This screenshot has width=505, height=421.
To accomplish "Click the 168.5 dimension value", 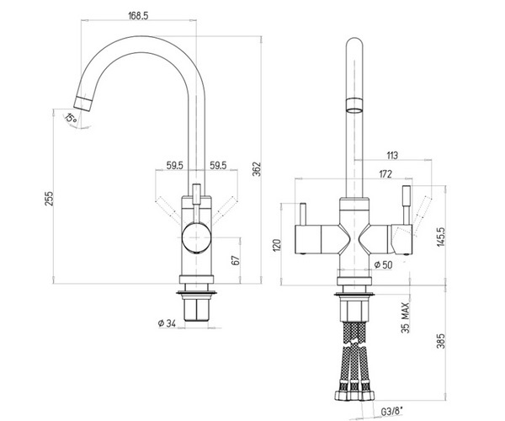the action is (x=138, y=15).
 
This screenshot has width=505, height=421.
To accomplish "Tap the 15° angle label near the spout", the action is (x=71, y=118).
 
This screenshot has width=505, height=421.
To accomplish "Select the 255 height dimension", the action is (x=49, y=198).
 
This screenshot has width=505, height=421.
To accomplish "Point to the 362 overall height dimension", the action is (x=257, y=168).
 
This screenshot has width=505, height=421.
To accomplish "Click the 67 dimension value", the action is (x=236, y=260).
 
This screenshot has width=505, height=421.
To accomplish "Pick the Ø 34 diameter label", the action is (x=167, y=323).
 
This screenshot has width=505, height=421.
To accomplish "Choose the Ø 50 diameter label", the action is (x=384, y=264).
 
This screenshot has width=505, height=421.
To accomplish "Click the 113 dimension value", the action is (x=392, y=155).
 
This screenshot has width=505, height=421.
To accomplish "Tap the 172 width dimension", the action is (x=385, y=174).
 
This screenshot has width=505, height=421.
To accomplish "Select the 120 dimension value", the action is (x=277, y=245).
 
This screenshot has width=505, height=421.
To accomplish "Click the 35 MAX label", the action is (x=406, y=317).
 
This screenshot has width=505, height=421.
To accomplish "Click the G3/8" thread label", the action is (x=392, y=412).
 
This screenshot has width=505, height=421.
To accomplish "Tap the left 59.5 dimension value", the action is (x=174, y=165).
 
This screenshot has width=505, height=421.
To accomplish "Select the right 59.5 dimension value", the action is (x=218, y=165).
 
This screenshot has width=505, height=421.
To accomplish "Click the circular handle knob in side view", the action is (x=196, y=237).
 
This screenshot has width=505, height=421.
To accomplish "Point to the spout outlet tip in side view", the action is (x=82, y=104).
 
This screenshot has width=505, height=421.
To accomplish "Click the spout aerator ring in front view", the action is (x=354, y=105).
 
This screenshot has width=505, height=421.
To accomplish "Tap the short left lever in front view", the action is (x=303, y=214).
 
